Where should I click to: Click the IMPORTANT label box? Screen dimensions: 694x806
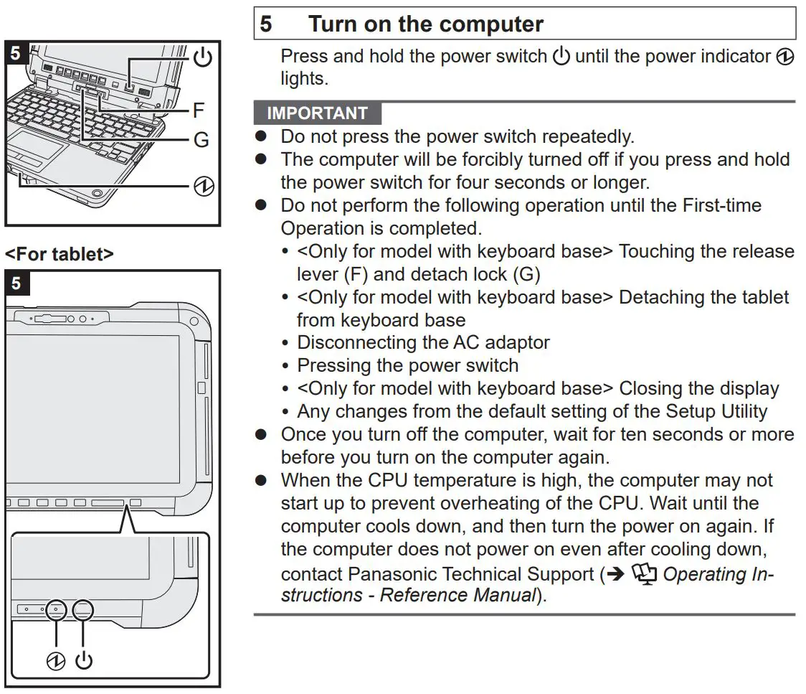point(317,113)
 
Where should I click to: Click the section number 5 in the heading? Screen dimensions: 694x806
point(266,24)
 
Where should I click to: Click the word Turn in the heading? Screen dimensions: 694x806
point(335,24)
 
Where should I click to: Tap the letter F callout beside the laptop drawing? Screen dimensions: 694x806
point(199,110)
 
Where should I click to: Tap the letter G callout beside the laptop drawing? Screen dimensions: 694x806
point(201,140)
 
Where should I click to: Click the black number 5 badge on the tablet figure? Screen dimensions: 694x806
point(16,283)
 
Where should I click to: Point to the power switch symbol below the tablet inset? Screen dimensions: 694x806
point(84,660)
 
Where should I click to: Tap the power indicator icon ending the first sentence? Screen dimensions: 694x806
point(785,57)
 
